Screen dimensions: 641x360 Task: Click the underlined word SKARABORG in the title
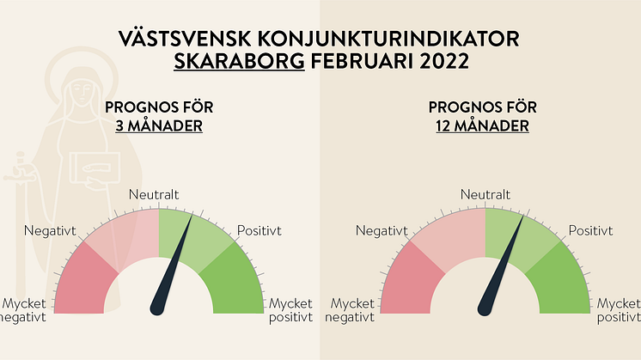[239, 61]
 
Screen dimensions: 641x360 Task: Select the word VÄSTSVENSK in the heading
[185, 39]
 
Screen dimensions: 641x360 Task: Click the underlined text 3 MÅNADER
[159, 125]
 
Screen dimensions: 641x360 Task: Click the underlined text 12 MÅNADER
[482, 125]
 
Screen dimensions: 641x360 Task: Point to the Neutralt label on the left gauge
[154, 194]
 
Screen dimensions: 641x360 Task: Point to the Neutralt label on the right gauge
[485, 194]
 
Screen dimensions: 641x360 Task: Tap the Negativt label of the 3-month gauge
[50, 231]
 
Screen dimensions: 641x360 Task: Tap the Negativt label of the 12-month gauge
[382, 231]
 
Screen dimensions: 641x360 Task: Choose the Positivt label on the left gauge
[259, 231]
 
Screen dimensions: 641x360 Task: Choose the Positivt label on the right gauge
[590, 231]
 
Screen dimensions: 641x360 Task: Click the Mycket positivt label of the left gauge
[290, 310]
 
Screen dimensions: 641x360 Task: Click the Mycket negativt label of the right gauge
[350, 310]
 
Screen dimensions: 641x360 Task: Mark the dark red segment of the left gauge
[82, 282]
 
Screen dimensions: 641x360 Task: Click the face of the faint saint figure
[81, 92]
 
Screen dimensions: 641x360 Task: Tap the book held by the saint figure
[95, 168]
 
